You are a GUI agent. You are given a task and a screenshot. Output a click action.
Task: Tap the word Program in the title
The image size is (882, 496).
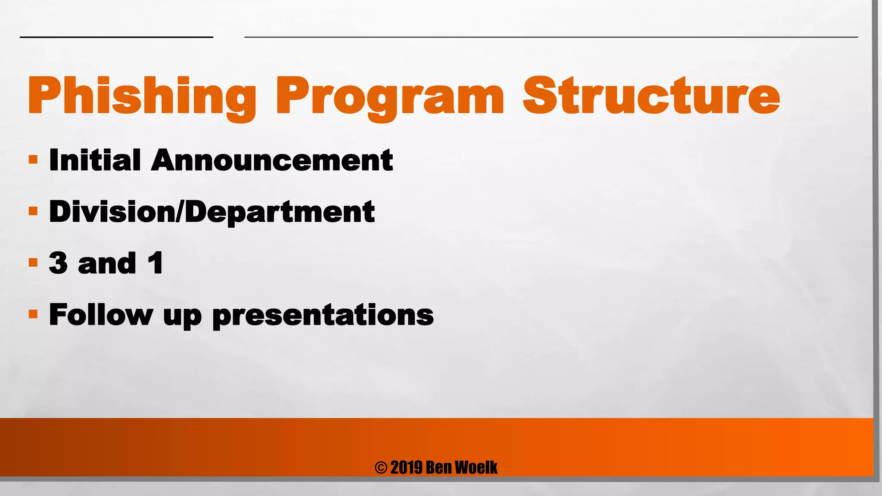pos(390,97)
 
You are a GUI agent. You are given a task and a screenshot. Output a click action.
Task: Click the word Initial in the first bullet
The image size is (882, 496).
pos(95,160)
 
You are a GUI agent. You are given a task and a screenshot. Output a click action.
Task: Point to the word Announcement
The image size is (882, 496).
pos(272,160)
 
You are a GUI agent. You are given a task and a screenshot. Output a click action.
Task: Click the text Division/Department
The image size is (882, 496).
pos(211,212)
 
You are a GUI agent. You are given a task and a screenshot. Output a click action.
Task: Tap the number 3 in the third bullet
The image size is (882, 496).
pos(59,263)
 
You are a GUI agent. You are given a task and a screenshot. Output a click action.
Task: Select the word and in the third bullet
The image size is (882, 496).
pos(107,263)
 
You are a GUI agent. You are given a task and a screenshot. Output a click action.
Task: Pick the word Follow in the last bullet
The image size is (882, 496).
pos(101,314)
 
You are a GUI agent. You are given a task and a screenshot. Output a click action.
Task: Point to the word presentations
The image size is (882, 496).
pos(323,315)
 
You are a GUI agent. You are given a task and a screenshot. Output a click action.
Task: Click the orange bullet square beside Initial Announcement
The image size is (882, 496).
pos(33,160)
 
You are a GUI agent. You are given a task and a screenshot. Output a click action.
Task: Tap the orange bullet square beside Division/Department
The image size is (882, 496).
pos(33,211)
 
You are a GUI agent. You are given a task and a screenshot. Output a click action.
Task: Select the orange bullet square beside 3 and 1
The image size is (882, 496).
pos(33,263)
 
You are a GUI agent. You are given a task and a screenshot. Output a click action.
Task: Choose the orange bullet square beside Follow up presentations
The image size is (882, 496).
pos(33,314)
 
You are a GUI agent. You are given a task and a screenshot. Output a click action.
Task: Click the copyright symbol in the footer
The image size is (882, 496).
pos(381,468)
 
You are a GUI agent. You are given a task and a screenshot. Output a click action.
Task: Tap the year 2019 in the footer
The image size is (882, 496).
pos(406,468)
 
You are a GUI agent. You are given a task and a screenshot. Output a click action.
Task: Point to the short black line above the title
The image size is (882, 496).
pos(116,37)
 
